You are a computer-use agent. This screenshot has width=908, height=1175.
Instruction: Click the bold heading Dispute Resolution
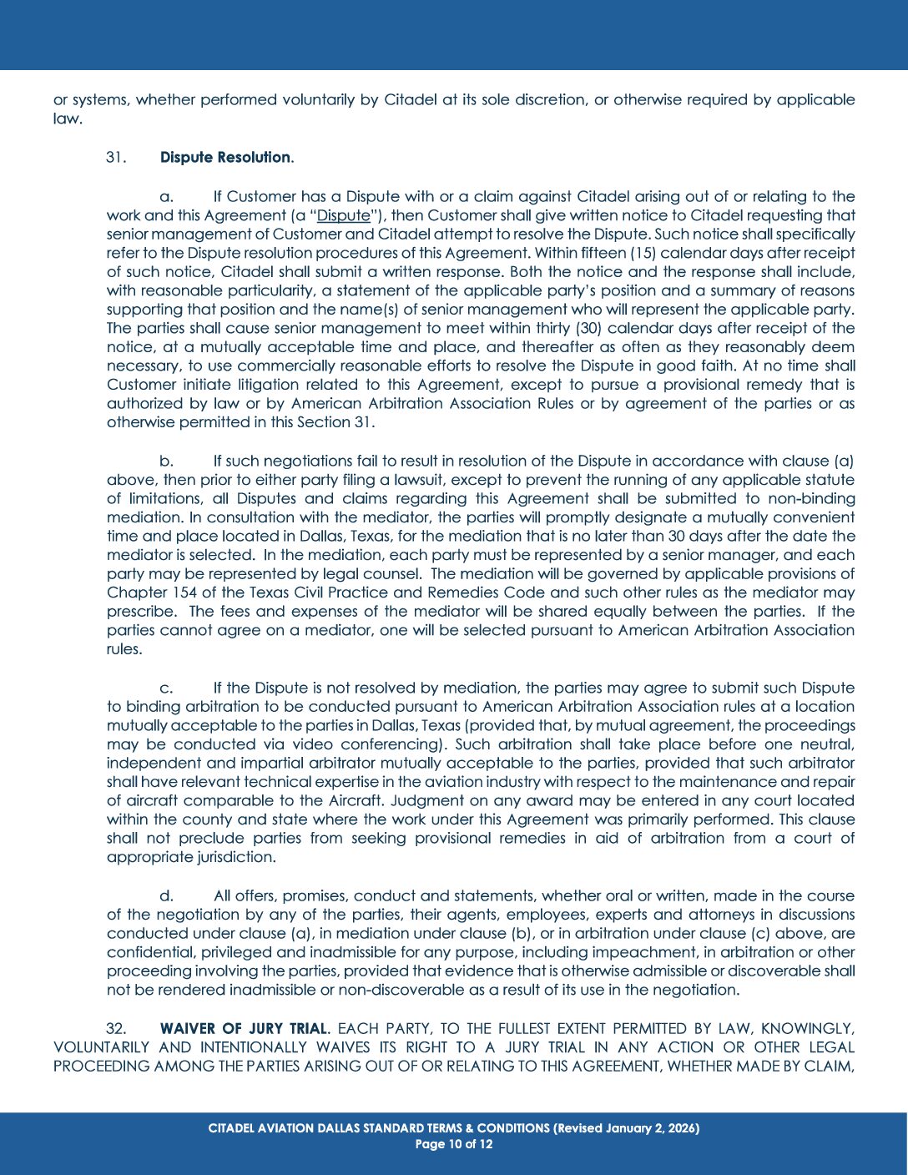pos(225,158)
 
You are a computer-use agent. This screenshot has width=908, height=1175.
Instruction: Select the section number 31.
pos(116,158)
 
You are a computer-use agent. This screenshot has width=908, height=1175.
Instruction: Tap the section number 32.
pos(116,1028)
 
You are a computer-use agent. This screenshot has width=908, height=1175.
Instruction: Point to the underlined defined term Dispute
pos(343,215)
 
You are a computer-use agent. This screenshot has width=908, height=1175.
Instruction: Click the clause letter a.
pos(167,197)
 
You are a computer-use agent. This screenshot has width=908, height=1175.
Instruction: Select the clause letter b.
pos(167,461)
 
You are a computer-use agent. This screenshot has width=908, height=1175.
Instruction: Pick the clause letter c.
pos(167,688)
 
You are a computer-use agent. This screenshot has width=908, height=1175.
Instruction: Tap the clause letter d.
pos(167,895)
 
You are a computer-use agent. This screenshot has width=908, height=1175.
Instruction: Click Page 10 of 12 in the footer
pos(454,1144)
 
